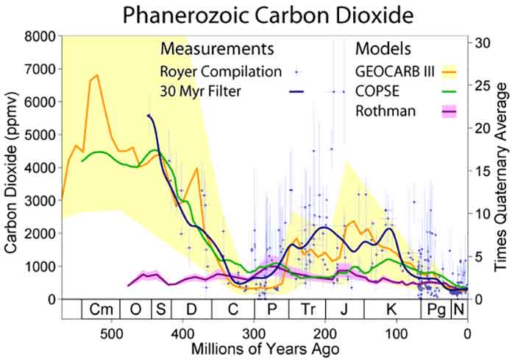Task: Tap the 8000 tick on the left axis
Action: pyautogui.click(x=41, y=36)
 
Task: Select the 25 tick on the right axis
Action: pyautogui.click(x=481, y=85)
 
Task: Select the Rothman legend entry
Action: pyautogui.click(x=382, y=112)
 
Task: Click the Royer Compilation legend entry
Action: pyautogui.click(x=220, y=71)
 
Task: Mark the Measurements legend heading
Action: pyautogui.click(x=217, y=49)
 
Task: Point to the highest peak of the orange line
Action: pyautogui.click(x=97, y=75)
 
